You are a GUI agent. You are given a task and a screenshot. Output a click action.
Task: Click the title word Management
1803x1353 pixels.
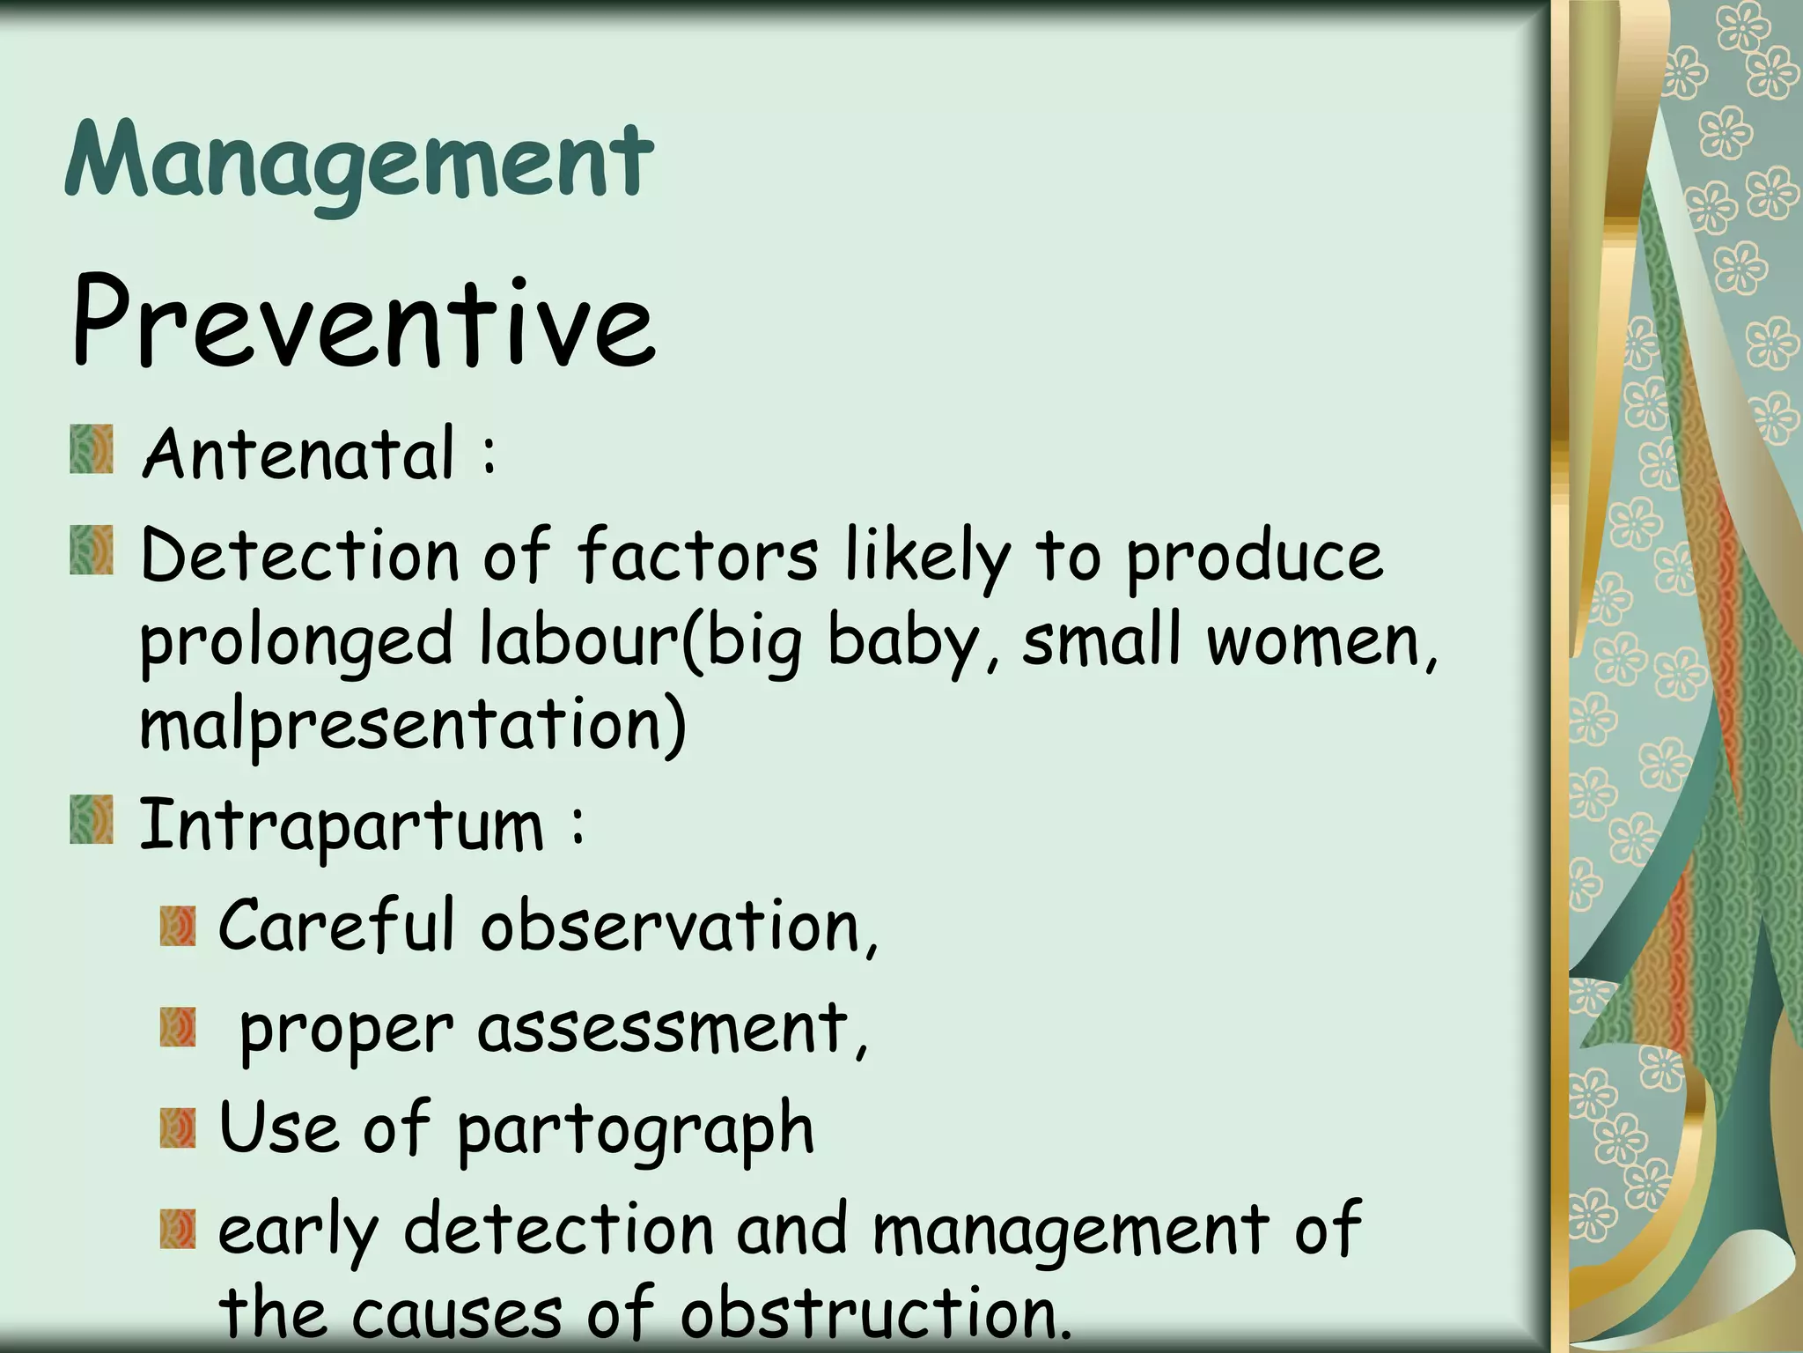(359, 163)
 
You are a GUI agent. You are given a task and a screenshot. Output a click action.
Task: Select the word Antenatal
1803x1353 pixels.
(299, 454)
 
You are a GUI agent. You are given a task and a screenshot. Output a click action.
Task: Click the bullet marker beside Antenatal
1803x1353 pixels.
(92, 450)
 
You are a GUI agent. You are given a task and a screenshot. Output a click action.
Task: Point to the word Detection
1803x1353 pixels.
(299, 556)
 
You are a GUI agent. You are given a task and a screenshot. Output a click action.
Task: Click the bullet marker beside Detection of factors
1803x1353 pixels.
(92, 551)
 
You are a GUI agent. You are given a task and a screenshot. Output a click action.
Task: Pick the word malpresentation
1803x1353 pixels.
(412, 724)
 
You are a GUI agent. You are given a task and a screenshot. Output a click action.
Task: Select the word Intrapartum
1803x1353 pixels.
(342, 825)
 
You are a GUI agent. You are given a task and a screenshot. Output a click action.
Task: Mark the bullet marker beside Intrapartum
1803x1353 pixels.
(92, 820)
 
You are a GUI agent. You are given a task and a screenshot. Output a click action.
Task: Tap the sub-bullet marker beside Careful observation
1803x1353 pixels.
(177, 927)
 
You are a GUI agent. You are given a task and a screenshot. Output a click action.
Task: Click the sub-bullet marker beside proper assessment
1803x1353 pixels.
(177, 1028)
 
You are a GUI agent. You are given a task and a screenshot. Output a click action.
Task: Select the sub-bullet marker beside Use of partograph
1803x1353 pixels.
(177, 1129)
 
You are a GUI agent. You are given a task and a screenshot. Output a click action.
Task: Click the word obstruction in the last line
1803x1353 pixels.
(875, 1313)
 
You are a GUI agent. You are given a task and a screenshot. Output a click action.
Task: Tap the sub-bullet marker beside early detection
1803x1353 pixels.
(177, 1231)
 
